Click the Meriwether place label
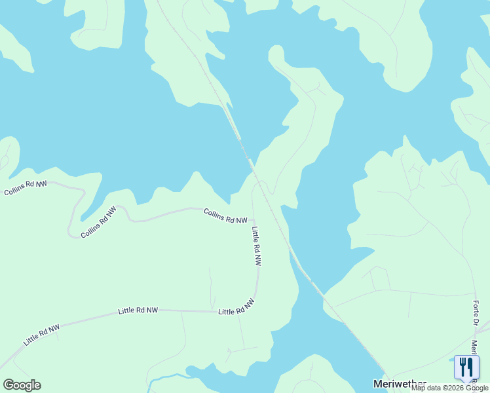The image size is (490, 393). pyautogui.click(x=400, y=383)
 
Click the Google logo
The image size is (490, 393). pyautogui.click(x=22, y=384)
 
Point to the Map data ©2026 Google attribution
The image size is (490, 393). pyautogui.click(x=450, y=388)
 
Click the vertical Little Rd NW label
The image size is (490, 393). pyautogui.click(x=257, y=246)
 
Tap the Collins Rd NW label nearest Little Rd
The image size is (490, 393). pyautogui.click(x=225, y=216)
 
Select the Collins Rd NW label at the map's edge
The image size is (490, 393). pyautogui.click(x=26, y=189)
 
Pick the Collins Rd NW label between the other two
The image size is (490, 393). pyautogui.click(x=98, y=222)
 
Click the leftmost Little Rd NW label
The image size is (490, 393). pyautogui.click(x=41, y=335)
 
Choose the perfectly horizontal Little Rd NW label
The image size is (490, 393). pyautogui.click(x=138, y=310)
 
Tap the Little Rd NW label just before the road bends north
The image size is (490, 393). pyautogui.click(x=236, y=307)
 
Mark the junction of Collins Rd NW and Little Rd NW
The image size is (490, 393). pyautogui.click(x=254, y=219)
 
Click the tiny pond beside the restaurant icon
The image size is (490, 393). pyautogui.click(x=457, y=360)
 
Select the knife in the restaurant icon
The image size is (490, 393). pyautogui.click(x=470, y=365)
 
